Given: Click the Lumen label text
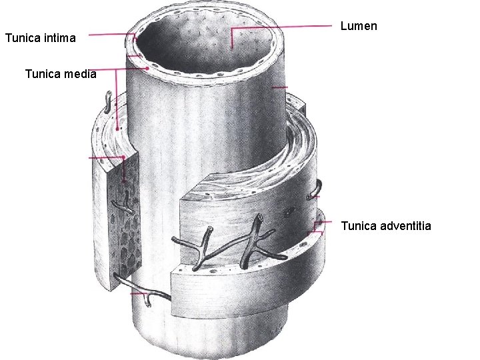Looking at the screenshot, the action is point(359,26).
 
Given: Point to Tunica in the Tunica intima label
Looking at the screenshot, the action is point(23,38).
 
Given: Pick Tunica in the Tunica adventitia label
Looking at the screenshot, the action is point(359,226).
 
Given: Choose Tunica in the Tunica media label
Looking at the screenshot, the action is point(43,74).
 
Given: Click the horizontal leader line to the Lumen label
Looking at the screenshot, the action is point(281,27).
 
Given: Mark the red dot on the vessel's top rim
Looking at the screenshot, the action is point(148,69).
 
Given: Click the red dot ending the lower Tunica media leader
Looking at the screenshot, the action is point(117,129).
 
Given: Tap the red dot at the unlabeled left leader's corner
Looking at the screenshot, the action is point(123,157).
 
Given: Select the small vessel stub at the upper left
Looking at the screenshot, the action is point(108,101).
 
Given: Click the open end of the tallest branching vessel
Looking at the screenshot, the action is point(260,217).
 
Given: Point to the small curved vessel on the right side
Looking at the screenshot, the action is point(315,191).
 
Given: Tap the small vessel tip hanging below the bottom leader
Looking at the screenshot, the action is point(148,303).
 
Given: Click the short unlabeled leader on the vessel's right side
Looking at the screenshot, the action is point(280,87).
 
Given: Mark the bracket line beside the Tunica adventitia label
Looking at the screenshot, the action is point(316,228).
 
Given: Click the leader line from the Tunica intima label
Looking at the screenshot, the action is point(112,34).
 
